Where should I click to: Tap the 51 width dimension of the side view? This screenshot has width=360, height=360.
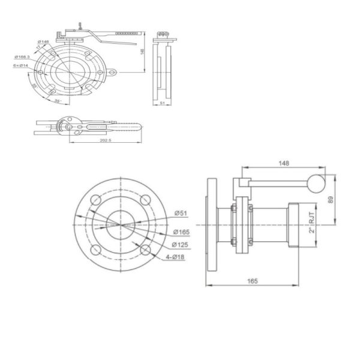pos(163,103)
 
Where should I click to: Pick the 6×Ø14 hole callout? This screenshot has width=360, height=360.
pos(21,66)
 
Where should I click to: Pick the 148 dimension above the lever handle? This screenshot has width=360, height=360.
pos(284,163)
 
